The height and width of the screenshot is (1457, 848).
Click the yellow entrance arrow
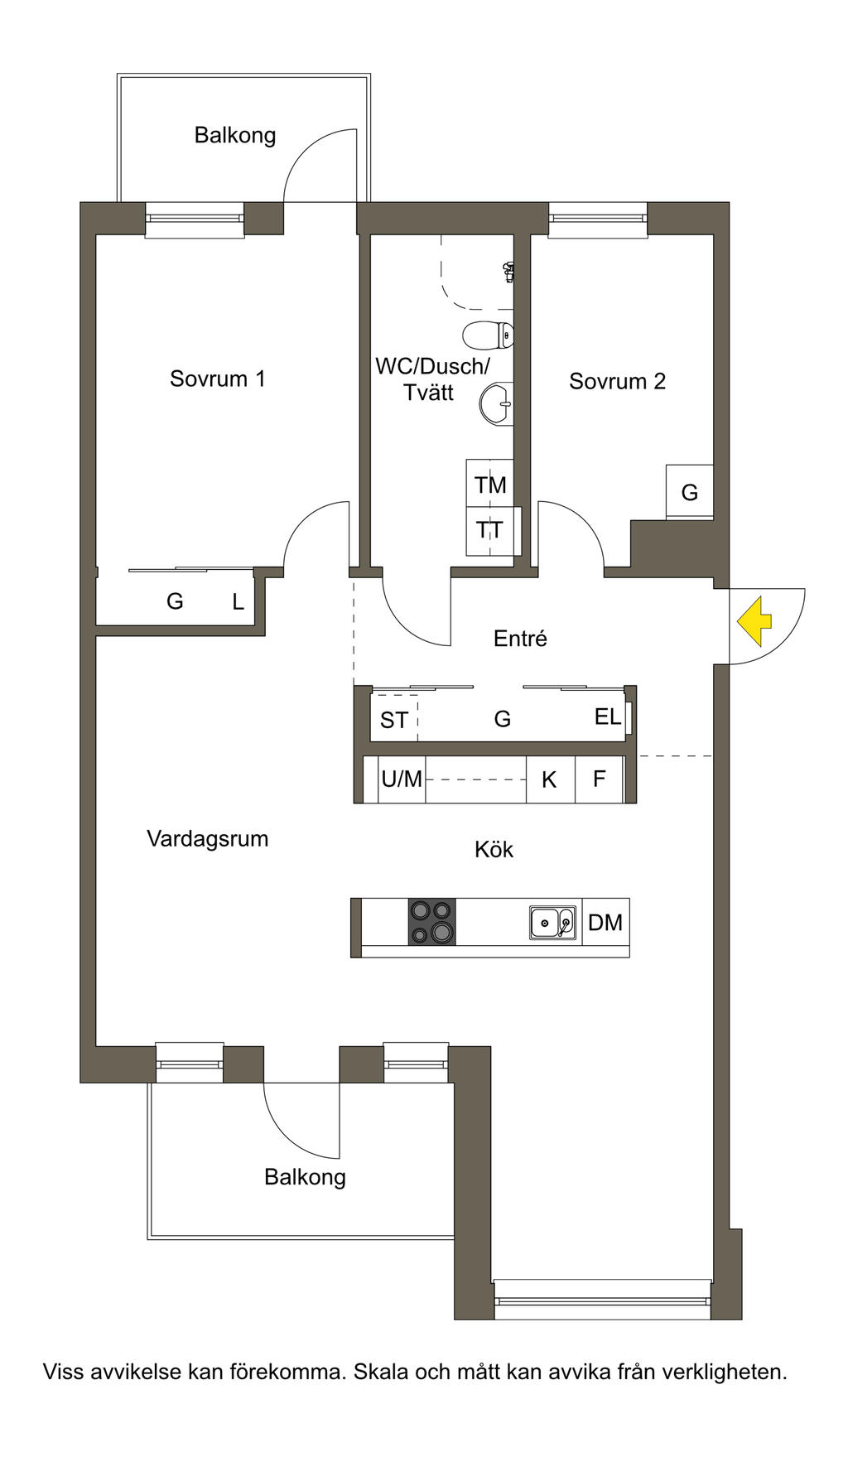click(754, 622)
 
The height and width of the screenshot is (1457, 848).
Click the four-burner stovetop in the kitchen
click(431, 922)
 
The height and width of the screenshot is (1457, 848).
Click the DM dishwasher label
click(605, 922)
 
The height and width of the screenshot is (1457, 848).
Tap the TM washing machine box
click(490, 484)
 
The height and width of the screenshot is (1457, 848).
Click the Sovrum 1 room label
click(218, 379)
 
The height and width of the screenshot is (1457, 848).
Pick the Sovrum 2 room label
click(617, 381)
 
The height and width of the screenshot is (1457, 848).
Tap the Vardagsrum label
click(208, 838)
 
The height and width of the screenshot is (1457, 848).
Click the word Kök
click(494, 849)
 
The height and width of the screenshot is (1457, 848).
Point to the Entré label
click(520, 639)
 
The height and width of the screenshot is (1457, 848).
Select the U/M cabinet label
click(402, 779)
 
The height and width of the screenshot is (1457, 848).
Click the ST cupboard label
click(394, 720)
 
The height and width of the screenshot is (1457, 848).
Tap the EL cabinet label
click(608, 716)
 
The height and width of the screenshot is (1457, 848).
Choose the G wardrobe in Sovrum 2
click(690, 493)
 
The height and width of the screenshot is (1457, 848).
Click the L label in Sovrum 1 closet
click(238, 602)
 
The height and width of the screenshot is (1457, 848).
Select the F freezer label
click(600, 779)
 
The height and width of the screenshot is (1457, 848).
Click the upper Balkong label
click(235, 135)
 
